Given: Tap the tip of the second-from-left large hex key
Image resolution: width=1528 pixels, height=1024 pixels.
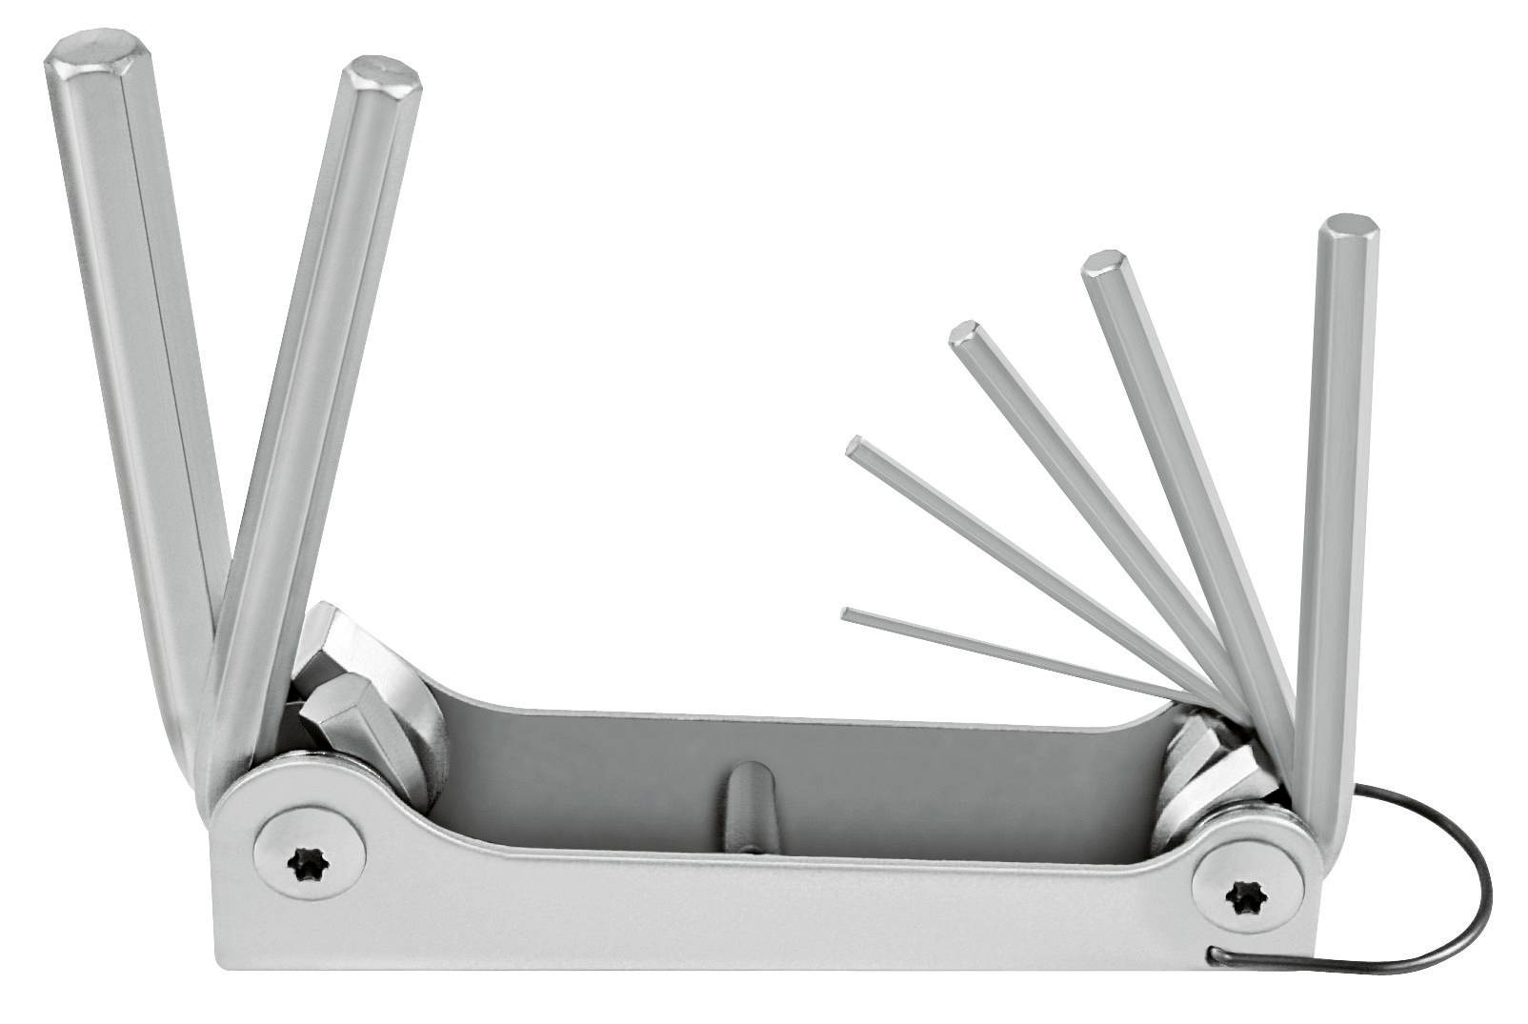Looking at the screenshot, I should click(x=383, y=76).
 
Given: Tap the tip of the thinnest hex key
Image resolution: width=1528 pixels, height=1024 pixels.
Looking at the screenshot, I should click(x=848, y=612).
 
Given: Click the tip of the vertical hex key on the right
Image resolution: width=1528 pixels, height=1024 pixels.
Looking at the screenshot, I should click(x=1351, y=229).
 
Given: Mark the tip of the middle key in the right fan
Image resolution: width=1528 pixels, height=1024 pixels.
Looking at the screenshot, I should click(x=966, y=334).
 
